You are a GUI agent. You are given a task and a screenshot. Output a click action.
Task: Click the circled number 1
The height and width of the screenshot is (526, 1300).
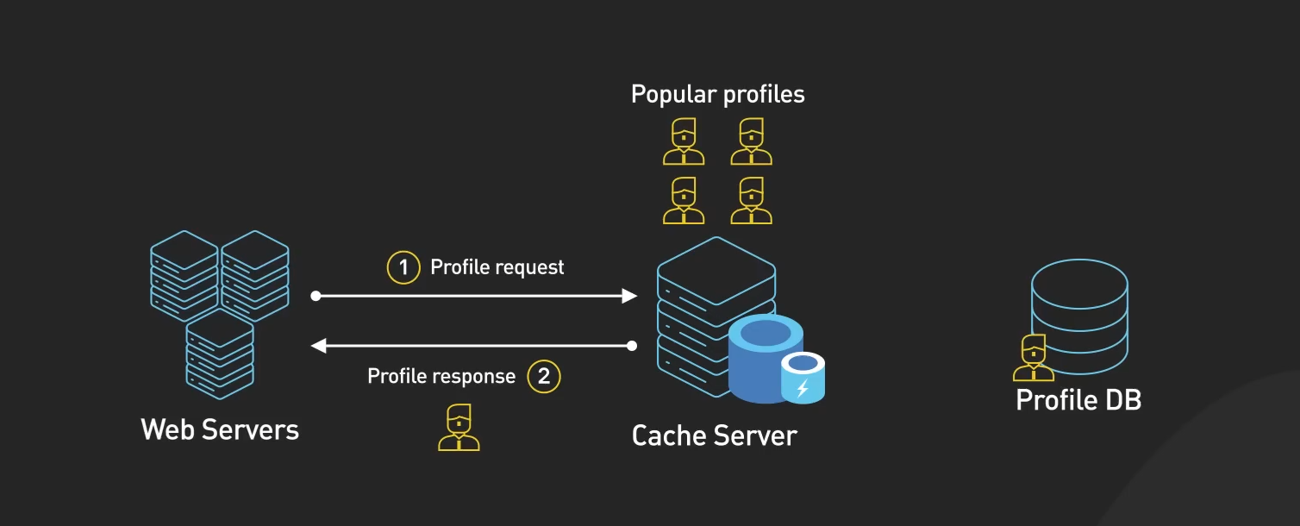(x=403, y=267)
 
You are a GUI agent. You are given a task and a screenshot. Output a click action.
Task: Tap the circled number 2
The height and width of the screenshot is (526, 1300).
(x=544, y=376)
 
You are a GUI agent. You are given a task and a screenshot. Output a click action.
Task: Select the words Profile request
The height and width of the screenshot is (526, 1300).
(x=497, y=267)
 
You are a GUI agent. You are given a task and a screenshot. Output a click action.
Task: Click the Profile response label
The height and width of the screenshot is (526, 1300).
(x=441, y=376)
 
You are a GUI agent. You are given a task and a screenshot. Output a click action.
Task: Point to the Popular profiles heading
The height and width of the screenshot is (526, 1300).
(x=717, y=94)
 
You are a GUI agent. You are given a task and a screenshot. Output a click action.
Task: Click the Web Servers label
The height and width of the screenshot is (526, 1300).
(x=220, y=429)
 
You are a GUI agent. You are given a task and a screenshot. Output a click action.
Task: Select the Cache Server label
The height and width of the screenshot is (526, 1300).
(x=714, y=435)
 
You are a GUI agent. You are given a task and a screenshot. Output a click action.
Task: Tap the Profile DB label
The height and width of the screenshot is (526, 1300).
(x=1078, y=400)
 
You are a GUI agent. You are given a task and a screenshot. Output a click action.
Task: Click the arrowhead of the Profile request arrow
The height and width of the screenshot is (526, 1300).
(x=630, y=296)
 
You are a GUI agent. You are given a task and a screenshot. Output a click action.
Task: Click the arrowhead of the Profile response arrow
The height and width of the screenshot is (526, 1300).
(x=317, y=346)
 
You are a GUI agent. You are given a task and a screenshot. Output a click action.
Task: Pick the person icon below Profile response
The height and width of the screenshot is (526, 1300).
(x=459, y=429)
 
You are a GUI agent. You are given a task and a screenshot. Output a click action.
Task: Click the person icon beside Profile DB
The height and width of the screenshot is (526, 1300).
(x=1033, y=358)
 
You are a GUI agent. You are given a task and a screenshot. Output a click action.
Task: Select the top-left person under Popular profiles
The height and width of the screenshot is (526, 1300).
(x=684, y=142)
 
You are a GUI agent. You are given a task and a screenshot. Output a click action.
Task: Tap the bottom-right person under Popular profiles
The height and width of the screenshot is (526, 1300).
(x=751, y=201)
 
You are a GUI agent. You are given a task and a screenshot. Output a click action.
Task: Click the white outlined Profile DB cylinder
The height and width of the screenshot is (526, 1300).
(x=1079, y=315)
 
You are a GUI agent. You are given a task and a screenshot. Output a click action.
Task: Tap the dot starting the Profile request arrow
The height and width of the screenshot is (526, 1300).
(x=316, y=296)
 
